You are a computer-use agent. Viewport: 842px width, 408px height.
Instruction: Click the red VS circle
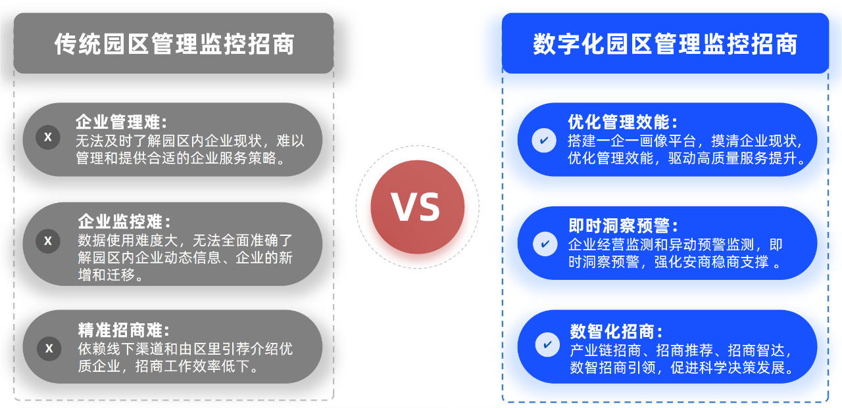417,207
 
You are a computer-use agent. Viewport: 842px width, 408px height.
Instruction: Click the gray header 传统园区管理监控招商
174,43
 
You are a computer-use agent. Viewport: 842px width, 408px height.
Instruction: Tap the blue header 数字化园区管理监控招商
665,43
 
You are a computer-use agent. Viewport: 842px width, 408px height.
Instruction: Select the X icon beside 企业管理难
48,137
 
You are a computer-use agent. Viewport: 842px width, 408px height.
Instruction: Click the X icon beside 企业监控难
48,241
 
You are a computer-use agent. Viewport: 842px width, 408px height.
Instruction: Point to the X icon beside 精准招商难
49,349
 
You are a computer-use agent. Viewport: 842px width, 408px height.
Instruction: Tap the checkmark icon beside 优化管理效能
544,141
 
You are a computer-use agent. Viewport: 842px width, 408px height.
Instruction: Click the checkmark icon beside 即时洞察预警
545,244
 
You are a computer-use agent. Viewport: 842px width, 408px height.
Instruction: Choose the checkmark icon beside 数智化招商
547,344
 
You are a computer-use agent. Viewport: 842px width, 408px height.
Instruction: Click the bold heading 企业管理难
122,122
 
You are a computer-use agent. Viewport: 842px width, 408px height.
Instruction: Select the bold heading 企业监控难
124,222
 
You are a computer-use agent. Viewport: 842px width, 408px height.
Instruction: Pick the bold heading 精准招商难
124,330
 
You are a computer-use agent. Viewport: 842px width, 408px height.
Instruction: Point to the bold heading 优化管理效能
622,122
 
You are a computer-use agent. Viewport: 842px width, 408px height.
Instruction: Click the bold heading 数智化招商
616,331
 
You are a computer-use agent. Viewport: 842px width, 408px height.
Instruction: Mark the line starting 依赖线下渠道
186,349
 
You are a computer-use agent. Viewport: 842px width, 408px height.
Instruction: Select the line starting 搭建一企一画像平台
685,141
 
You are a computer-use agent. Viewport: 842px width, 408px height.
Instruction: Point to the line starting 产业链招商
681,351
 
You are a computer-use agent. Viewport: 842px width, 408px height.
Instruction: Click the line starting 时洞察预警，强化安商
675,262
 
